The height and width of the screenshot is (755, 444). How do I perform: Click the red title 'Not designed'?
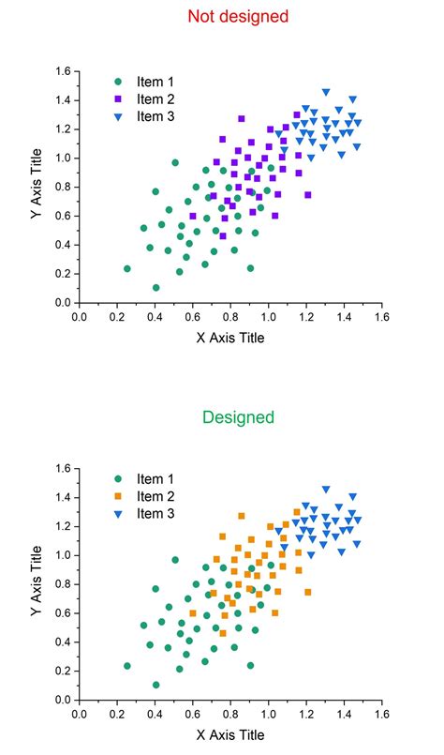point(238,16)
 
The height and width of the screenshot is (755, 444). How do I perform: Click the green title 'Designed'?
point(238,416)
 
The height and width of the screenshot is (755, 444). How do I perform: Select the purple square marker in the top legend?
point(117,98)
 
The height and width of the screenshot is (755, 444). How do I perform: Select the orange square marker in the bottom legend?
point(117,496)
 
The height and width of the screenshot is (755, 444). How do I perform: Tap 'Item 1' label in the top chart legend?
point(155,81)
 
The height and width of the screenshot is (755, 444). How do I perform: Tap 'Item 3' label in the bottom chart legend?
point(155,514)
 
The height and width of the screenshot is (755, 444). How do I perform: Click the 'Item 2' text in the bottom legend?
point(155,496)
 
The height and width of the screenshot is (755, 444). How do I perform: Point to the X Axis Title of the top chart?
point(229,338)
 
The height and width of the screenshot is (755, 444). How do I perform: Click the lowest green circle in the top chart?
point(155,288)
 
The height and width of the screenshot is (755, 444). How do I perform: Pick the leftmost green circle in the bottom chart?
point(127,666)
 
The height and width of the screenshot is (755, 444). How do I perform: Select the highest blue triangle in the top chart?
point(325,92)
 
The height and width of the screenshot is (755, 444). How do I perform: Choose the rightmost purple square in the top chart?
point(307,195)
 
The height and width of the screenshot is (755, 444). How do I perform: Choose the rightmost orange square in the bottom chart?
point(307,592)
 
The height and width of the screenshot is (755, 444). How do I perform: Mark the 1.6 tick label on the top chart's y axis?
point(61,71)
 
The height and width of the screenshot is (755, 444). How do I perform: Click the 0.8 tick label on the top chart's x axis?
point(230,317)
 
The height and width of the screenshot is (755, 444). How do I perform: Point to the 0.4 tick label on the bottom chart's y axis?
point(61,642)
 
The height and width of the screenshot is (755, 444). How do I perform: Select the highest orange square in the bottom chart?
point(242,516)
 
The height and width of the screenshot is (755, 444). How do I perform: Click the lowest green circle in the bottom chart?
point(155,685)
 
